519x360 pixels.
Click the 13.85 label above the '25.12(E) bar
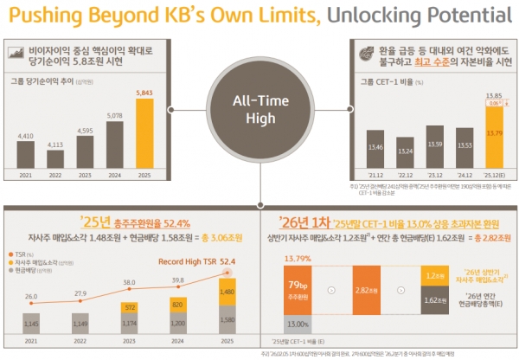click(471, 94)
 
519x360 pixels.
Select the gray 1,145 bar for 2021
click(31, 323)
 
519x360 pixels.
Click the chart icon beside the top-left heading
click(16, 53)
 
